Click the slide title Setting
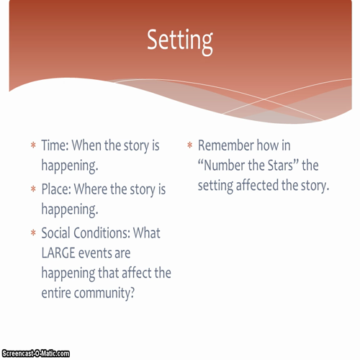179,40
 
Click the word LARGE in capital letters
61,253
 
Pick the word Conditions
109,234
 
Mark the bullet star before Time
33,146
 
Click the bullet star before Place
33,191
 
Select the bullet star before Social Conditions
33,235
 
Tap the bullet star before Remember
190,146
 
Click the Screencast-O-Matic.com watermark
35,354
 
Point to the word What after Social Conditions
149,234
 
